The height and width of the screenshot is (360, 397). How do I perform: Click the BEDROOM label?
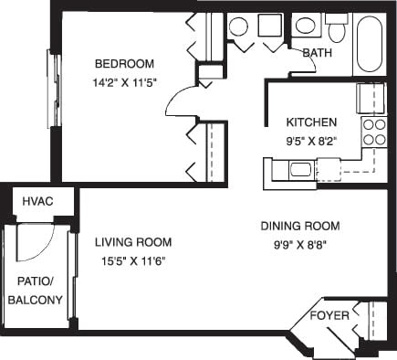(125, 63)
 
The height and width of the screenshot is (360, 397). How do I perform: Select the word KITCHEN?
(312, 122)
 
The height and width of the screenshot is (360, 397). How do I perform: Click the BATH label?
(317, 53)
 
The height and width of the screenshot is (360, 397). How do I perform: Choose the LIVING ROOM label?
(133, 242)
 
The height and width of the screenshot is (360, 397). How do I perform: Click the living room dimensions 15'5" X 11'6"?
(133, 259)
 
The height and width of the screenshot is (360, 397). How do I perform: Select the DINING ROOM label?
(300, 226)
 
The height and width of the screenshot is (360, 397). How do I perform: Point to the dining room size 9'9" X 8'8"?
(300, 243)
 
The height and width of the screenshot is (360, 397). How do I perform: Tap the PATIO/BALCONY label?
(36, 291)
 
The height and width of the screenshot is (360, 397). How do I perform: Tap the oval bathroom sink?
(238, 26)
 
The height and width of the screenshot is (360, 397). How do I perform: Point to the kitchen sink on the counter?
(300, 168)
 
